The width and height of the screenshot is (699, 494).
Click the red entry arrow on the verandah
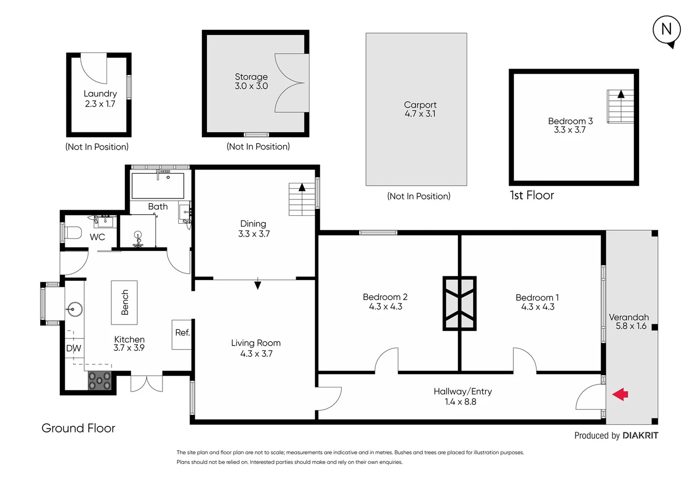click(x=620, y=394)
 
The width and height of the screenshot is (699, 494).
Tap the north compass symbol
click(x=667, y=30)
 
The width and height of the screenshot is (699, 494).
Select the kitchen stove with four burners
click(x=100, y=381)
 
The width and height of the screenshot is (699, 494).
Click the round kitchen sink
click(x=74, y=309)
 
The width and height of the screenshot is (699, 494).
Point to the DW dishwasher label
click(x=73, y=349)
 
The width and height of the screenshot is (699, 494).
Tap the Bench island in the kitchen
click(x=124, y=302)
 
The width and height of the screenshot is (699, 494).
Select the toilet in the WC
click(x=72, y=233)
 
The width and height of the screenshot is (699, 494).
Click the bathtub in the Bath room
click(x=158, y=185)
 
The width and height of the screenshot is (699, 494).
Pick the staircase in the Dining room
click(x=302, y=199)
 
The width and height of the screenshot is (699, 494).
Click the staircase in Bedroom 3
click(x=620, y=107)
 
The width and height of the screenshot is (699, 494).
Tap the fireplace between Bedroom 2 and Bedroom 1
click(x=459, y=303)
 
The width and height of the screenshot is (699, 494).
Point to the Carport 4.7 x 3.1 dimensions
click(x=420, y=114)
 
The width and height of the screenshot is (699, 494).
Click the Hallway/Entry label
click(x=462, y=392)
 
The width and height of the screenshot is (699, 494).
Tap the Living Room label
click(x=256, y=343)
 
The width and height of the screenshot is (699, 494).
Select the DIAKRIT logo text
click(x=640, y=435)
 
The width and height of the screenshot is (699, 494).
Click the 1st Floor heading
click(x=532, y=195)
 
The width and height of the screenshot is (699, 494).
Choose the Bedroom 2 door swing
click(x=387, y=361)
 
